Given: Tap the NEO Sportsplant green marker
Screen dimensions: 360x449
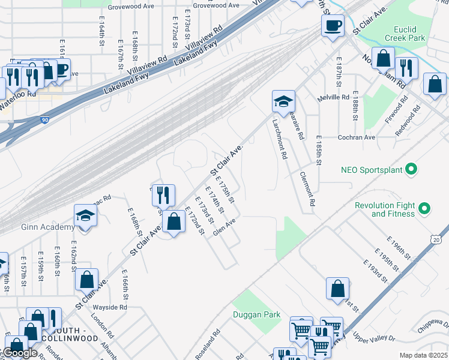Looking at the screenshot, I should click(x=411, y=170).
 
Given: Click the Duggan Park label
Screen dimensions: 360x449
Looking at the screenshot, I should click(x=257, y=314).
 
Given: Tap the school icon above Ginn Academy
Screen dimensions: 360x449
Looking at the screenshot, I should click(x=86, y=216).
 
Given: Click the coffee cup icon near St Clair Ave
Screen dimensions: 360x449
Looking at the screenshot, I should click(x=332, y=25).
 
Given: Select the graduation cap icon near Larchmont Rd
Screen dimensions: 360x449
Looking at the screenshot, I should click(x=283, y=101).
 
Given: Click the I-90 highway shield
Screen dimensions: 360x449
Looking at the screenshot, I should click(x=45, y=120).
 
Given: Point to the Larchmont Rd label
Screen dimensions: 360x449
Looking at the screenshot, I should click(x=280, y=139).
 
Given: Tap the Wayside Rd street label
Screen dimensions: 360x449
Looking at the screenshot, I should click(x=110, y=307).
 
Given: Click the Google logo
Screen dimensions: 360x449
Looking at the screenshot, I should click(x=19, y=353).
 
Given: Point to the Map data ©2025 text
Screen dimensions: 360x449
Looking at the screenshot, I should click(x=423, y=355).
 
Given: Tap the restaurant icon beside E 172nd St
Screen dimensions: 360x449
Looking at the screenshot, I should click(x=163, y=195).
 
